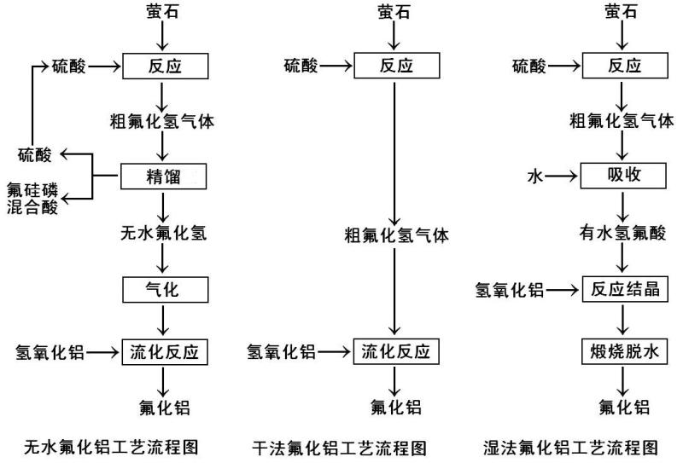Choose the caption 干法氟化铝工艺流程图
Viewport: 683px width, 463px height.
point(340,446)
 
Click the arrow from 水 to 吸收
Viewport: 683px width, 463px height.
point(563,177)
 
